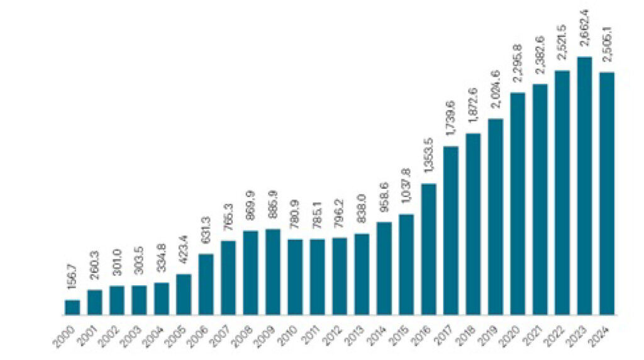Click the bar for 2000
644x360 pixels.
72,307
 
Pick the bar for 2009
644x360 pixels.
273,271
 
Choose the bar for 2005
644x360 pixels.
184,294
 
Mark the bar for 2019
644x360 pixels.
496,217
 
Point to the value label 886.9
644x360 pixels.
273,210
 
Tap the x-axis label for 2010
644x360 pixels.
290,331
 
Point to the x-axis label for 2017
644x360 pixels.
446,331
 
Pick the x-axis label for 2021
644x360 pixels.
535,331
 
